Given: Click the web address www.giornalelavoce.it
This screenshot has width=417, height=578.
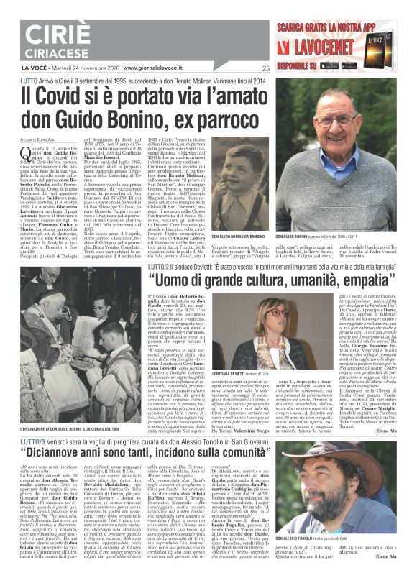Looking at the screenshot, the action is click(155, 68).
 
